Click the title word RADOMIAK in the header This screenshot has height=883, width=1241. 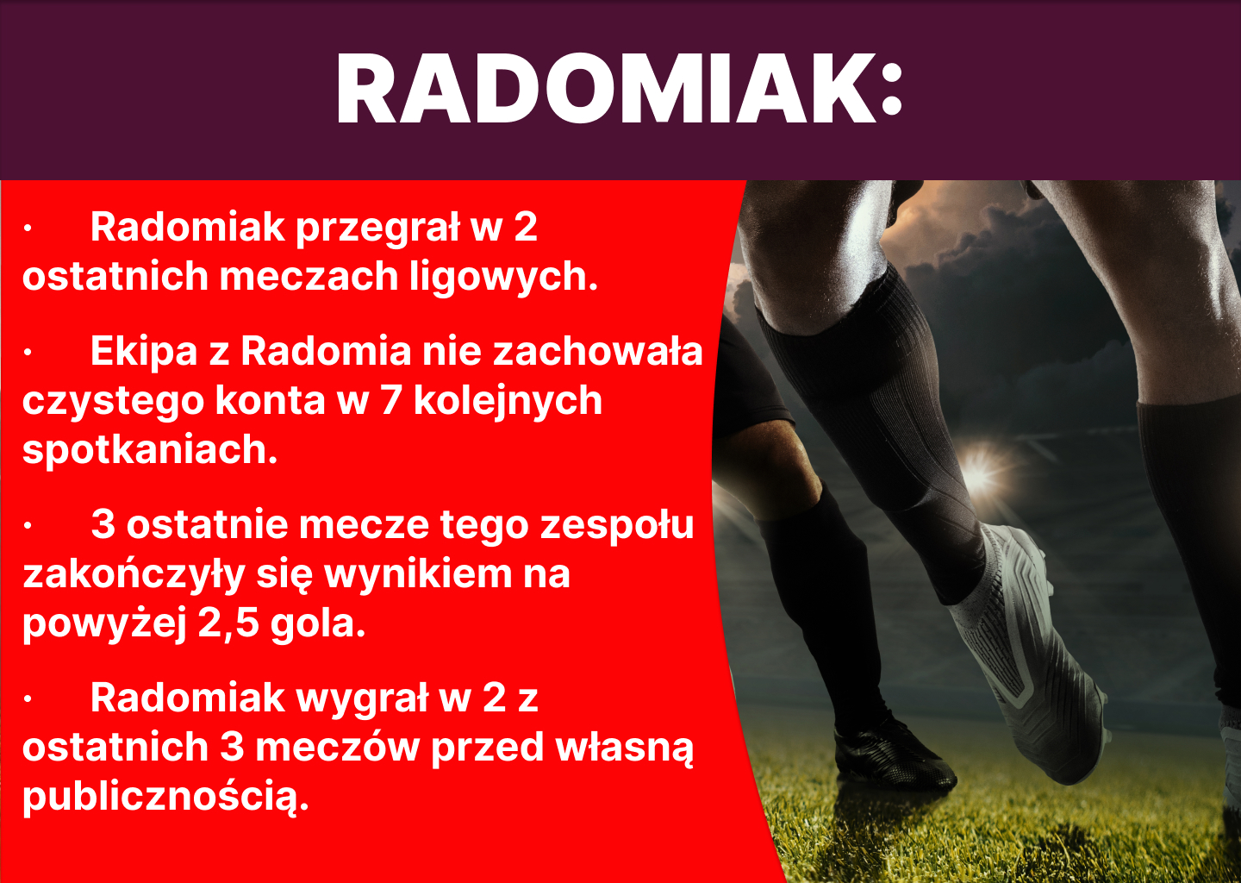603,91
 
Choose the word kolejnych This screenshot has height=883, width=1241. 508,402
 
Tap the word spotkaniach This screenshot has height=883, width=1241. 149,450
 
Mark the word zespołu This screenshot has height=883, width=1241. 616,525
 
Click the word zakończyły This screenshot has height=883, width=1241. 134,575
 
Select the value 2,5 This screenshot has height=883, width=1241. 228,623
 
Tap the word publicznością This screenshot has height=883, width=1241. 165,797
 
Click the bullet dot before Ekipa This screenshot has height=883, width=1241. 28,352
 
